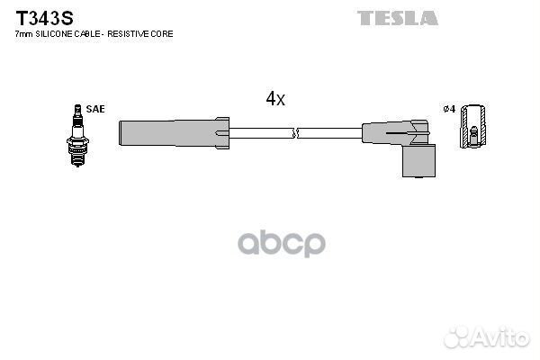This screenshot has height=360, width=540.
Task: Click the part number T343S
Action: pos(44,18)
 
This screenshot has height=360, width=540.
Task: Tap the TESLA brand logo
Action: pos(398,18)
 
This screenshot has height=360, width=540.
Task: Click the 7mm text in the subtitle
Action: pos(23,34)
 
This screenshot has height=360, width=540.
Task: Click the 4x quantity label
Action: pos(275,99)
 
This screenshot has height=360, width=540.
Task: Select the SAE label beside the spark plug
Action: pos(95,109)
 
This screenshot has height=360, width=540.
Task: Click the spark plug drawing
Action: pos(77,136)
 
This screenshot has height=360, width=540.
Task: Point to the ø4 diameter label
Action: pos(449,109)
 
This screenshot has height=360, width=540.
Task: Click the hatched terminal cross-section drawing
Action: pos(474,126)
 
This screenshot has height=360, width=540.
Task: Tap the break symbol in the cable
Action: pos(296,133)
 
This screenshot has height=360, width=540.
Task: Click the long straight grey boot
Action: pos(174,133)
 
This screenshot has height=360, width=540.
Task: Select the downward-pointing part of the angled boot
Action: pos(418,161)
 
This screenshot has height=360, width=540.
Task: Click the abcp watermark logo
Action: pos(282,244)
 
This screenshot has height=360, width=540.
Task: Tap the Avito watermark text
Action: pos(487,337)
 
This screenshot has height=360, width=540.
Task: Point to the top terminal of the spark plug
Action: pos(77,110)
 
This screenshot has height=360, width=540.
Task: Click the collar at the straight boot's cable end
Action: pos(222,133)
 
